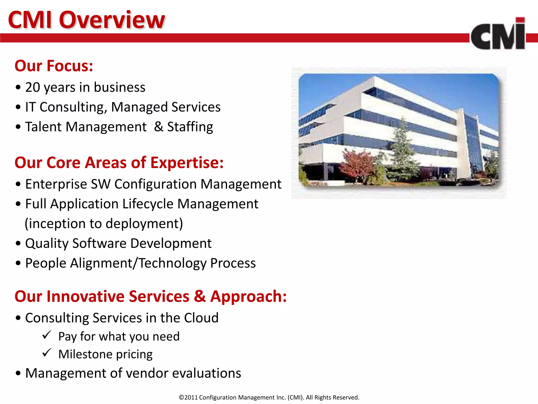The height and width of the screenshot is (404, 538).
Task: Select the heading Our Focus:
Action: point(54,66)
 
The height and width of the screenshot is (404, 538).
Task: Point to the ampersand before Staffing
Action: point(158,127)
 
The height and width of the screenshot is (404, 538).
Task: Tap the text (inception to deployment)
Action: point(104,224)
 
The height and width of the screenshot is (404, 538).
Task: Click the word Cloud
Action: point(201,318)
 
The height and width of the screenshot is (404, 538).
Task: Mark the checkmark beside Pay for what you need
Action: point(46,335)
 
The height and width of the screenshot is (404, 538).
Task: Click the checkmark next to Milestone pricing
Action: point(46,353)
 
